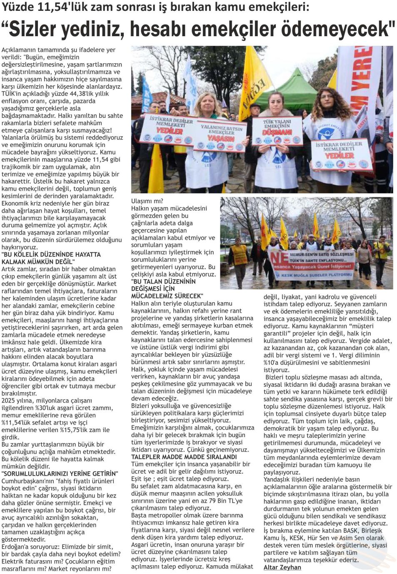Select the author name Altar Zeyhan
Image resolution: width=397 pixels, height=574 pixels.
point(282,567)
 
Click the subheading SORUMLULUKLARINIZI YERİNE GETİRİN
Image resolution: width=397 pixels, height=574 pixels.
point(60,473)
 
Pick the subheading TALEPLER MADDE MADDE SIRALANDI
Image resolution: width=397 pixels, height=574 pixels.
point(184,457)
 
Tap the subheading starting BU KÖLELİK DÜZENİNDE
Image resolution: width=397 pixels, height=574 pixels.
point(51,254)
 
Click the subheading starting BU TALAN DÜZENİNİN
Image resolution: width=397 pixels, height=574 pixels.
point(163,281)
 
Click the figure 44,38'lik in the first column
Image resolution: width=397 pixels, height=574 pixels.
point(90,94)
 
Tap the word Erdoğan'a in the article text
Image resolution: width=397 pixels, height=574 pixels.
point(16,547)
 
